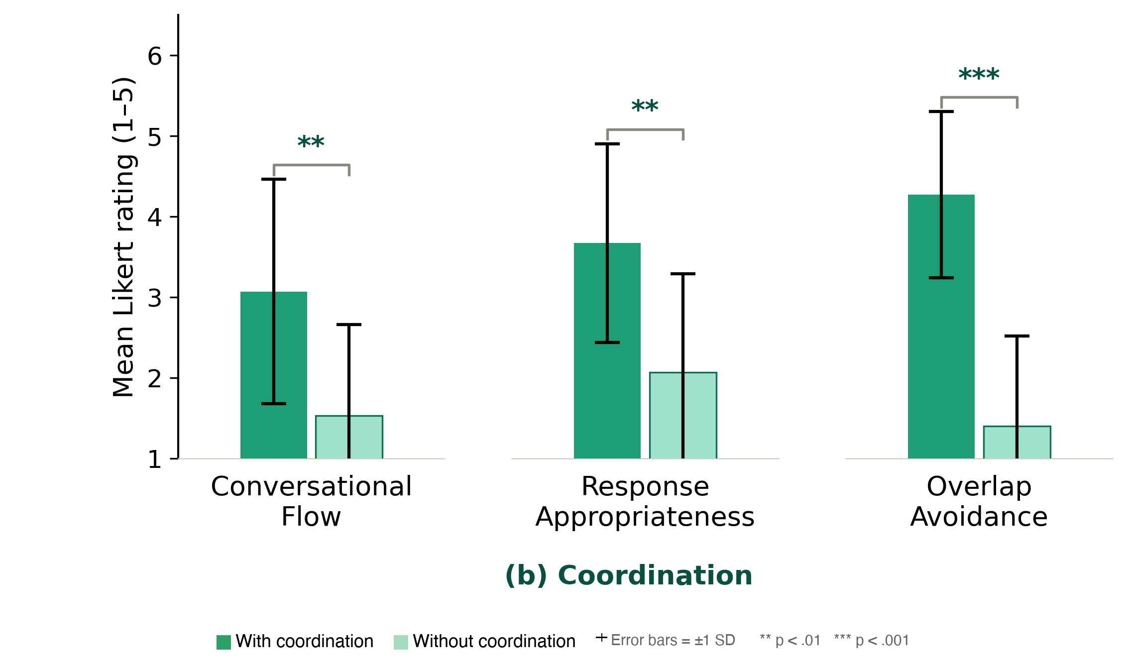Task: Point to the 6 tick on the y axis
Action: tap(155, 56)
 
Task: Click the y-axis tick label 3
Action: tap(155, 298)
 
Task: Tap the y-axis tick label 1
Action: tap(155, 459)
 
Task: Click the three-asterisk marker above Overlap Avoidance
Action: tap(979, 75)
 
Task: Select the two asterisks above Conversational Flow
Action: tap(311, 143)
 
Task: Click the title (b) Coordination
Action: tap(628, 575)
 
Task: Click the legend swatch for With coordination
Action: tap(224, 642)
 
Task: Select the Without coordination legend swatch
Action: tap(401, 642)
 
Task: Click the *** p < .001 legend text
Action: tap(872, 640)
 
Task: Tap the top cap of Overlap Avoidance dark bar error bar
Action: tap(941, 112)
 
